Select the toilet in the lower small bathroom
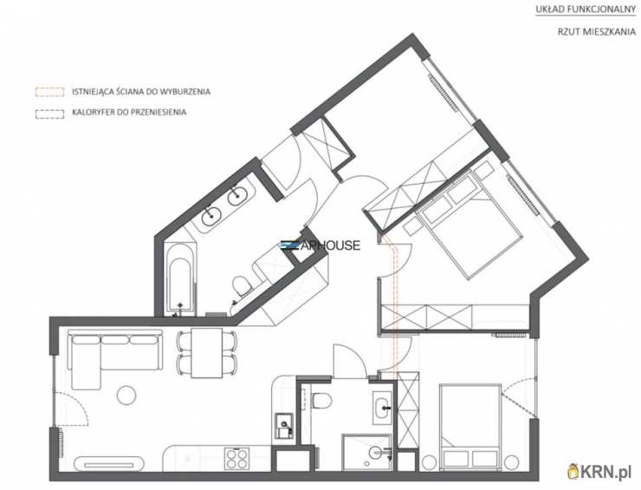click(x=322, y=400)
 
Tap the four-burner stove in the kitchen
click(x=236, y=459)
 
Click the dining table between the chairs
click(x=207, y=353)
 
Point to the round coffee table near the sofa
click(x=126, y=395)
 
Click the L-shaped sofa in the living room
click(x=115, y=352)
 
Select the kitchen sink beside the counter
click(x=283, y=426)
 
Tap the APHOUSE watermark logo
click(x=320, y=245)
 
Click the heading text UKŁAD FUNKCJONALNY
click(x=586, y=10)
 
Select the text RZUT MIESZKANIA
click(x=597, y=31)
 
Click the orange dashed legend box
click(x=49, y=92)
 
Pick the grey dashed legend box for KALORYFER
click(x=49, y=114)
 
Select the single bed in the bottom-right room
click(x=470, y=427)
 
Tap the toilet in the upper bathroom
click(x=243, y=285)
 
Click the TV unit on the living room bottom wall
click(x=109, y=464)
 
